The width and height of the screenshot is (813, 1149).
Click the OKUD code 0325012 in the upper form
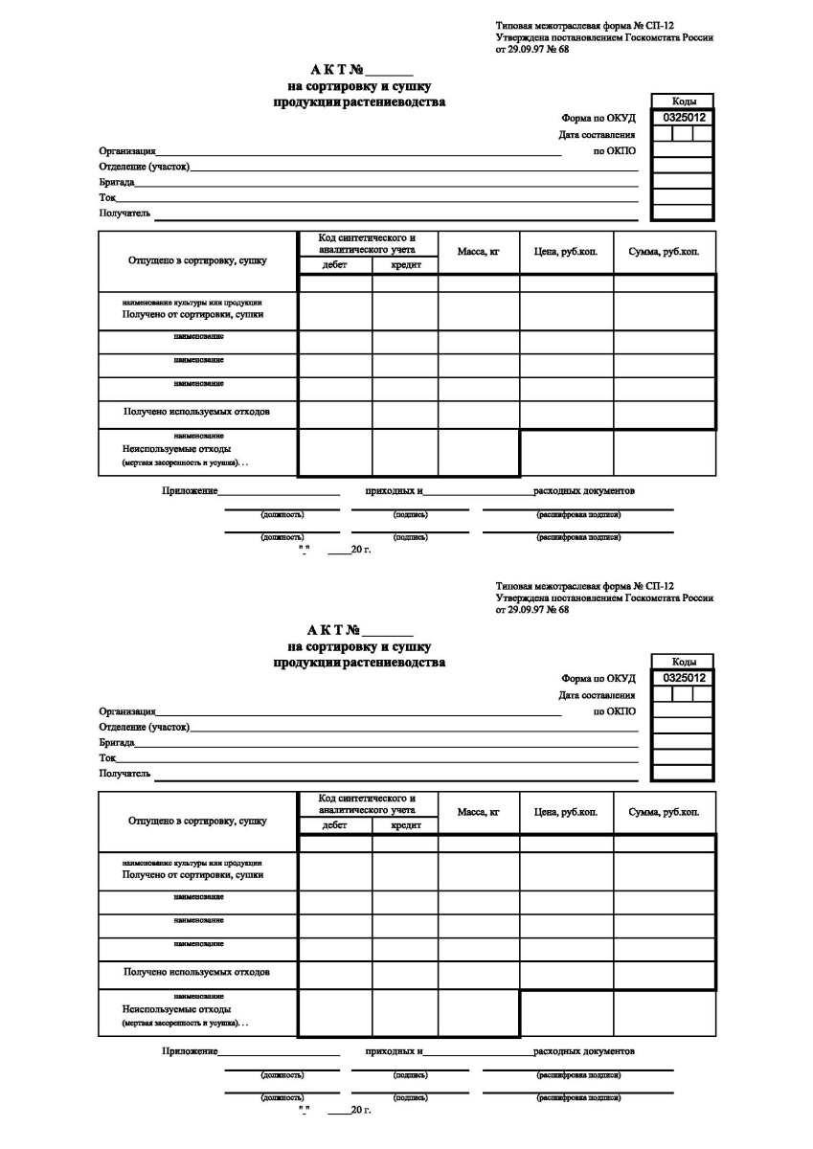tap(684, 117)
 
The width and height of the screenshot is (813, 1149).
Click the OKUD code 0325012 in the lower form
tap(684, 678)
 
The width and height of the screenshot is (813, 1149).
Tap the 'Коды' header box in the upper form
tap(684, 101)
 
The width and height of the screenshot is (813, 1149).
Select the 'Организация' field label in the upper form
tap(127, 151)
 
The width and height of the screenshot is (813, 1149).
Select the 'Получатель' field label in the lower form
tap(125, 774)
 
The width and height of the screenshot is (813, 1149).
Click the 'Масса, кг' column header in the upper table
tap(479, 252)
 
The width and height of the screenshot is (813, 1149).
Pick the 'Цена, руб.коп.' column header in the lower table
tap(566, 813)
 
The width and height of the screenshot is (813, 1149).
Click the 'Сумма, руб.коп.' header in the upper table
tap(664, 252)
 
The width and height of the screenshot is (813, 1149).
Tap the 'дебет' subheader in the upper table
tap(335, 265)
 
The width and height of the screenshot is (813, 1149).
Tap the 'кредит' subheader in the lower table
tap(405, 826)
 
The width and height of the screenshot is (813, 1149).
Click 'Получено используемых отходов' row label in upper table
tap(196, 413)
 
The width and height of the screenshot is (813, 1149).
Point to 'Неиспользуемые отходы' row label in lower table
tap(176, 1009)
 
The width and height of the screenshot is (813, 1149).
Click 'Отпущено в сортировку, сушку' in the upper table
tap(197, 259)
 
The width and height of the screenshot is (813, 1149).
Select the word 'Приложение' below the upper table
tap(190, 491)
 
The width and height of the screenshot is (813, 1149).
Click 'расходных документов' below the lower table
tap(584, 1051)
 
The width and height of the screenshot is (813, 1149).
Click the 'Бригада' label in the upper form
tap(116, 182)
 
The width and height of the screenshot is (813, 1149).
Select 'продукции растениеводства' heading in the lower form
tap(359, 663)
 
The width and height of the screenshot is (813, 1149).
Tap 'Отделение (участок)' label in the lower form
tap(144, 728)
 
